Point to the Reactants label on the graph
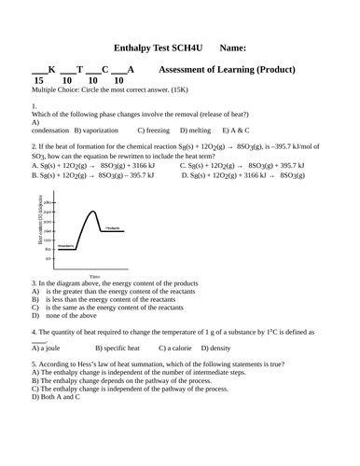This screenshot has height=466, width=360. pyautogui.click(x=66, y=246)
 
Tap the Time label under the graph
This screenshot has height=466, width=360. pyautogui.click(x=94, y=277)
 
